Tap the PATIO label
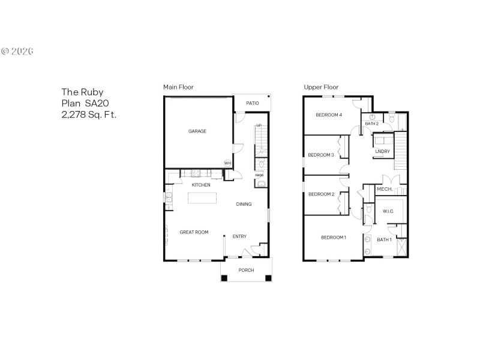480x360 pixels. [x=253, y=103]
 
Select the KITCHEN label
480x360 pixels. [x=201, y=185]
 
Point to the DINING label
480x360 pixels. [x=244, y=205]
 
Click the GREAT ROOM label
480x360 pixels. [x=194, y=232]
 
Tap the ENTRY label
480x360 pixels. [x=239, y=236]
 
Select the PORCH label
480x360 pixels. [x=246, y=270]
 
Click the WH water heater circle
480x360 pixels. [x=227, y=163]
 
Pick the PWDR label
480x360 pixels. [x=260, y=175]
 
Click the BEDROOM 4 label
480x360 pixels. [x=329, y=115]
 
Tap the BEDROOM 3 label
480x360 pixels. [x=320, y=155]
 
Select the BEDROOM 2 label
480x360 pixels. [x=320, y=194]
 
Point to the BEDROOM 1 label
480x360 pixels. [x=333, y=238]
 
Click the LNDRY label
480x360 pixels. [x=383, y=151]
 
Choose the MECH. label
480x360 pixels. [x=385, y=190]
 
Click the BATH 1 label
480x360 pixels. [x=384, y=240]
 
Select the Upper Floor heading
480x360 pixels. [x=322, y=88]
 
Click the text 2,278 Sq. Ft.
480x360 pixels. [x=89, y=115]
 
